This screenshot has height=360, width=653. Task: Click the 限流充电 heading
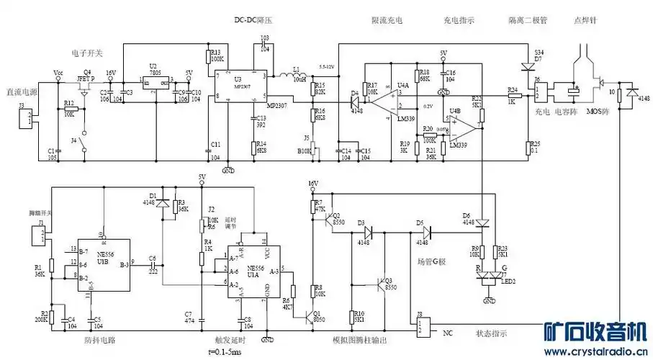pos(387,20)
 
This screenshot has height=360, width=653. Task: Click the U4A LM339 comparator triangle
pos(382,102)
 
